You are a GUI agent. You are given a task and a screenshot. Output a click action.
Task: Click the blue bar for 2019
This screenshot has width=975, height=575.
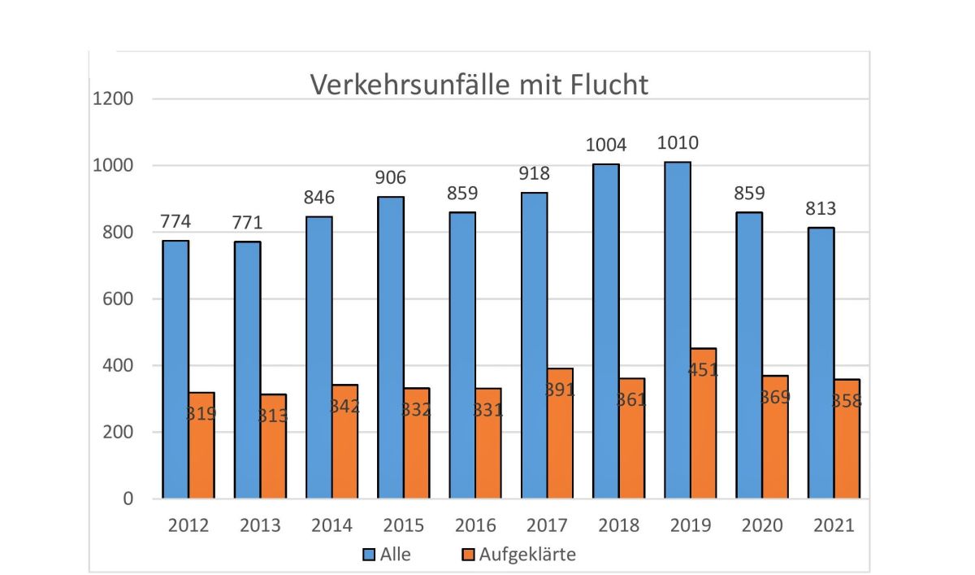[678, 330]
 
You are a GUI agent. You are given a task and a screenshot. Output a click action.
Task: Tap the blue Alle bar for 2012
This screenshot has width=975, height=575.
[175, 369]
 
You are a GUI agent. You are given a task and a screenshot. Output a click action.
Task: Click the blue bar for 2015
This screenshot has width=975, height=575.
[391, 347]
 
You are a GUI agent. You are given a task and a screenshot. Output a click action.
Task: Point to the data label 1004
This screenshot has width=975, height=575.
[606, 146]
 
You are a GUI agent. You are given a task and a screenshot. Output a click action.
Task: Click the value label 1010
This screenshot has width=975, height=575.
[678, 143]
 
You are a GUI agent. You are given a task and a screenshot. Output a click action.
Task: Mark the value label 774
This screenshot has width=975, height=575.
[175, 220]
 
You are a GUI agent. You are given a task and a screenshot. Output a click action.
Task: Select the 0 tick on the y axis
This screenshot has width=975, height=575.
[127, 499]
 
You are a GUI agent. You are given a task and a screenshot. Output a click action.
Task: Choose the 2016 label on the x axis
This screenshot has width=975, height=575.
[475, 525]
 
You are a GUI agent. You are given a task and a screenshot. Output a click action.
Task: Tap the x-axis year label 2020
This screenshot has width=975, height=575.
[762, 525]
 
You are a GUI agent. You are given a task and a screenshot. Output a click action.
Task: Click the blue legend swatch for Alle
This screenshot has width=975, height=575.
[368, 555]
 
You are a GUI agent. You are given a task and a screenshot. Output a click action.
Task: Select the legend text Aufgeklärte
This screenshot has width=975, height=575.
[527, 555]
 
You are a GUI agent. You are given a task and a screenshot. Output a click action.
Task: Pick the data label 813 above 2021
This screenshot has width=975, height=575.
[821, 209]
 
